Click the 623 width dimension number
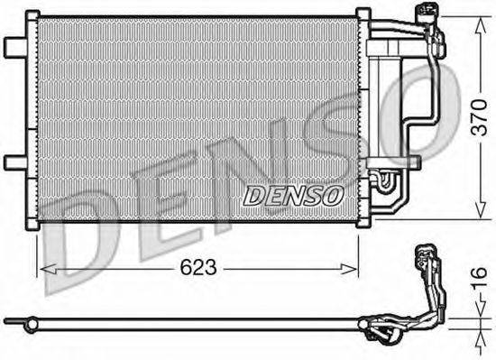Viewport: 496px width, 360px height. click(198, 268)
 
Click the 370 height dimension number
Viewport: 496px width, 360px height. click(479, 117)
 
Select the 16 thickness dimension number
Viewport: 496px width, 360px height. click(479, 279)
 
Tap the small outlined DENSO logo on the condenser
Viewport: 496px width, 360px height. click(293, 196)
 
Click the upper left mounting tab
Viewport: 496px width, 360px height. click(14, 48)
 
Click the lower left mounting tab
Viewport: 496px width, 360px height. click(14, 163)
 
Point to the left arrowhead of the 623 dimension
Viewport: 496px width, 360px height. click(49, 270)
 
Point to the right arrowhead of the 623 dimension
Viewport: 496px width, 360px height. click(349, 270)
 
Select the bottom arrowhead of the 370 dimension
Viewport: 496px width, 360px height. click(481, 210)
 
